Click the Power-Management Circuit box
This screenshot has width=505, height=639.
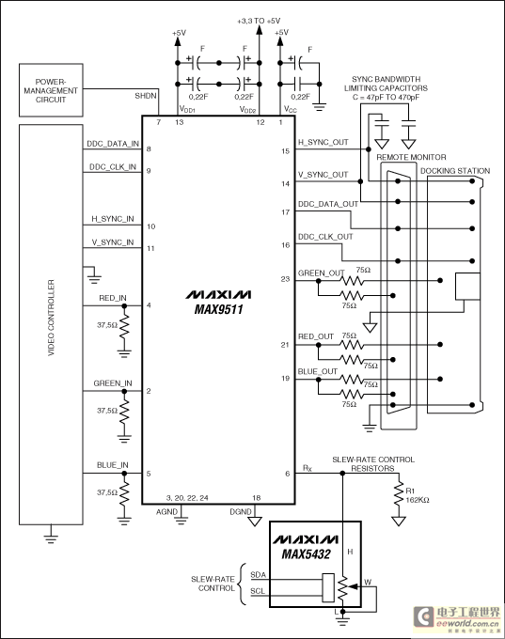(x=51, y=90)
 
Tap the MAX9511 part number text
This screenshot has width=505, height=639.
(x=218, y=309)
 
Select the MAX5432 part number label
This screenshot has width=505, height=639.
(x=306, y=554)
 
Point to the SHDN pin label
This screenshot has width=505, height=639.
(x=146, y=96)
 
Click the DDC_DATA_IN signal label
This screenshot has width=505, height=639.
(x=113, y=144)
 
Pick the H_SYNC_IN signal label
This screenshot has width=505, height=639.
(x=113, y=219)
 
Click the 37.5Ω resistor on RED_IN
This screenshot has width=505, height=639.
(x=124, y=327)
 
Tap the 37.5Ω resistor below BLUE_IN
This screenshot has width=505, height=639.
(x=124, y=494)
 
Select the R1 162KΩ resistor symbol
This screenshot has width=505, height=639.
(x=399, y=494)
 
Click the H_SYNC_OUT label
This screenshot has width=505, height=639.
(x=324, y=142)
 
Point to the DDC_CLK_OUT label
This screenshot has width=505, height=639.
(x=325, y=237)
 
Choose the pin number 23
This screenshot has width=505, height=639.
(x=285, y=279)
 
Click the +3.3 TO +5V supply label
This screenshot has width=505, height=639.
(x=259, y=21)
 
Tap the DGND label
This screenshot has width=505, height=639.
(x=241, y=512)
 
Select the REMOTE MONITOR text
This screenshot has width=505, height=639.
(x=411, y=157)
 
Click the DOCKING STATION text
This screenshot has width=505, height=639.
(x=455, y=171)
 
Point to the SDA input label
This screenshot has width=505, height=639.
(x=259, y=574)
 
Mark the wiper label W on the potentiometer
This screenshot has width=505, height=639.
(x=368, y=582)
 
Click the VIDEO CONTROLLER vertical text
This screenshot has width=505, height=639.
(x=51, y=318)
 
